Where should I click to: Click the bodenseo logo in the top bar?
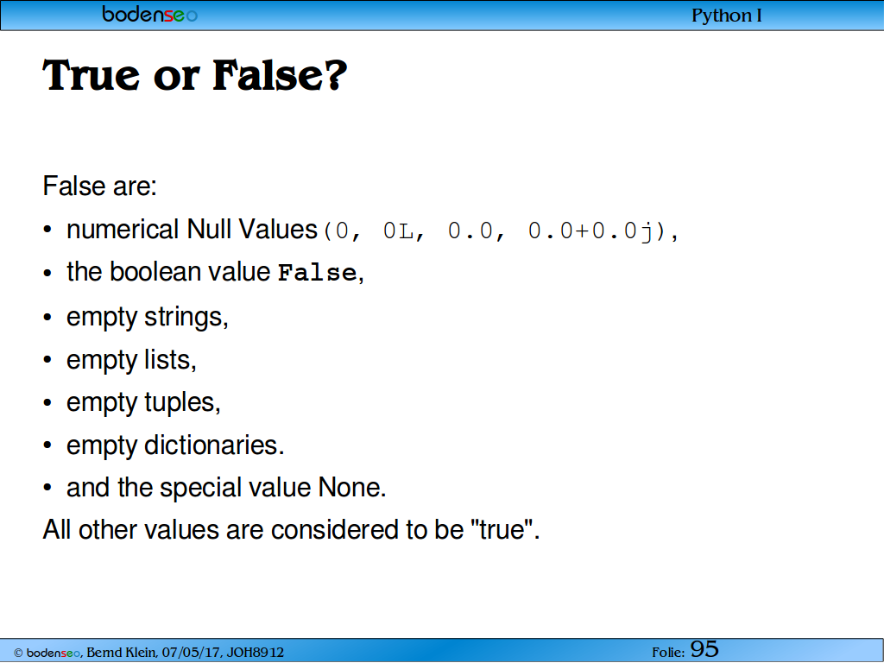[150, 14]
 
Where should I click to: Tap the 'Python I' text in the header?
[727, 16]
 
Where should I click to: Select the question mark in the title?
[335, 75]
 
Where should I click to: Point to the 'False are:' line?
[100, 186]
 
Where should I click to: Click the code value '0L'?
[398, 231]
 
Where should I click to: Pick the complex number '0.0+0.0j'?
[590, 231]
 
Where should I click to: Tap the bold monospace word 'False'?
[318, 273]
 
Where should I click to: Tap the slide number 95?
[704, 649]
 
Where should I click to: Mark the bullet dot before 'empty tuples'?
[47, 402]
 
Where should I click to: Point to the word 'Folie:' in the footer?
[669, 653]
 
